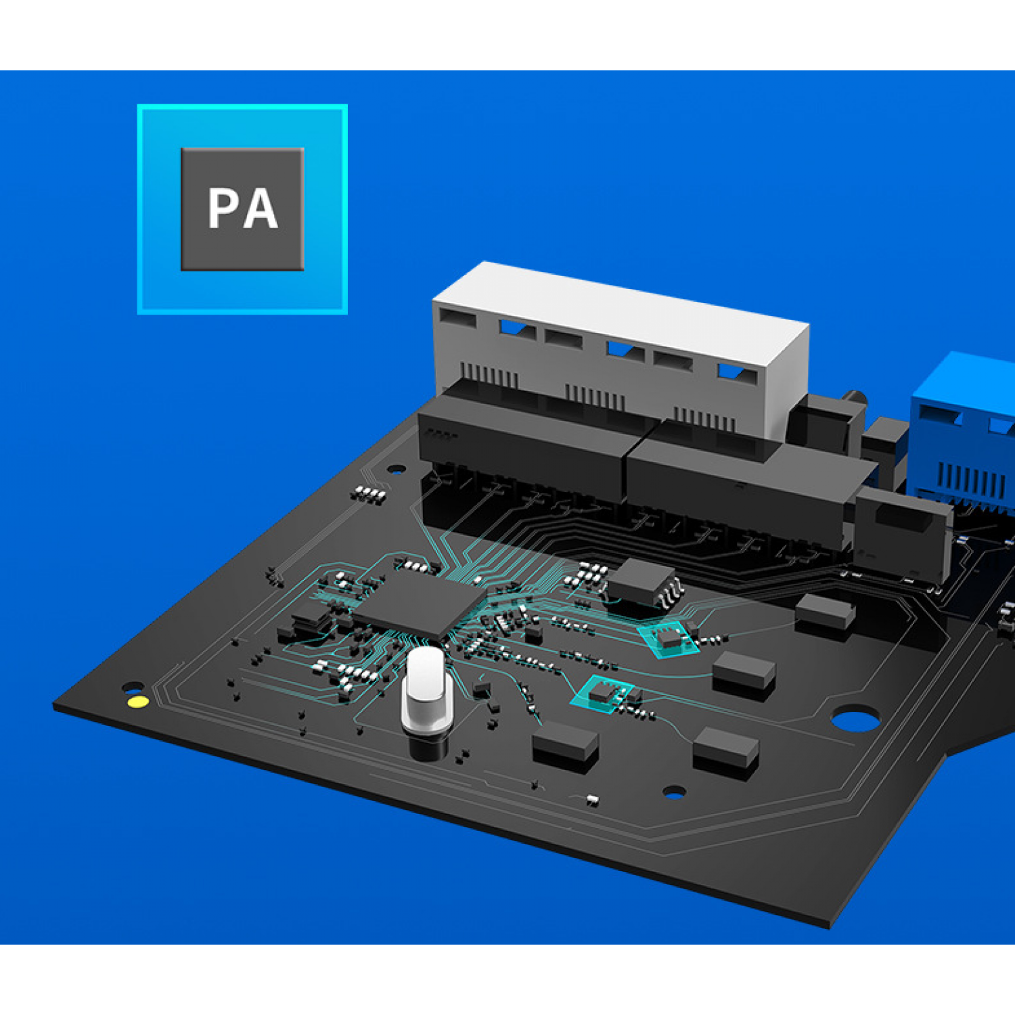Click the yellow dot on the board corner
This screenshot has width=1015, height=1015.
(x=138, y=701)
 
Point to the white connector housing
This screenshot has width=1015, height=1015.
(x=619, y=348)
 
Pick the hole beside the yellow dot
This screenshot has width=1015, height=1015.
(x=131, y=687)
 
